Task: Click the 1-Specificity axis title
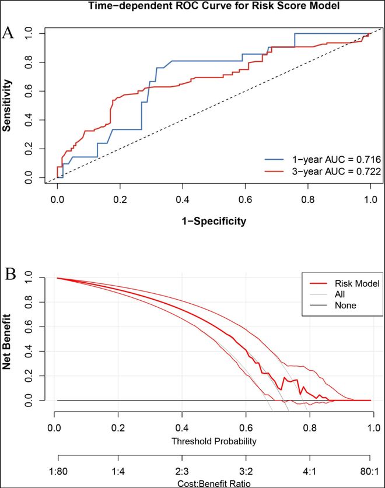point(214,221)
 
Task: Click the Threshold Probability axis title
point(214,441)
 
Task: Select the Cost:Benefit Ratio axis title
point(214,483)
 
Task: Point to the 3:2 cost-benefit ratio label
point(246,469)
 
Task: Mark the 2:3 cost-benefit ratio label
point(183,469)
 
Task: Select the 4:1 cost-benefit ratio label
point(309,469)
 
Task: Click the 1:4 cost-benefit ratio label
point(120,469)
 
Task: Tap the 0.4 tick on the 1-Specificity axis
point(183,199)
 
